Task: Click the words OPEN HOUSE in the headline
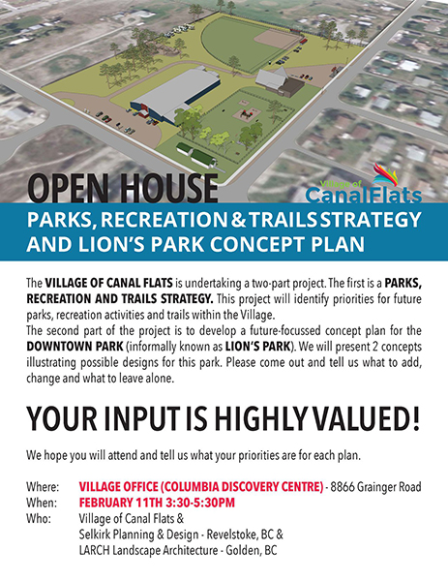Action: point(122,188)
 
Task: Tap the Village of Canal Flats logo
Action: point(364,184)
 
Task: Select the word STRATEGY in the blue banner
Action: point(371,220)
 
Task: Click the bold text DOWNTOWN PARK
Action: point(75,347)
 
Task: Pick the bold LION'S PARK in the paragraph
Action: point(257,347)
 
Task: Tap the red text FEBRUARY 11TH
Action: point(121,503)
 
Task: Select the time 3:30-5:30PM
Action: point(200,503)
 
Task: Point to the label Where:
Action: point(43,487)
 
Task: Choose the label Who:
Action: point(38,519)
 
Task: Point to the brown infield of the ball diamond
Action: point(279,39)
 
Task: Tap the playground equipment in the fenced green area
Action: point(246,113)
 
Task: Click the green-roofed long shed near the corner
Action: point(203,160)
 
